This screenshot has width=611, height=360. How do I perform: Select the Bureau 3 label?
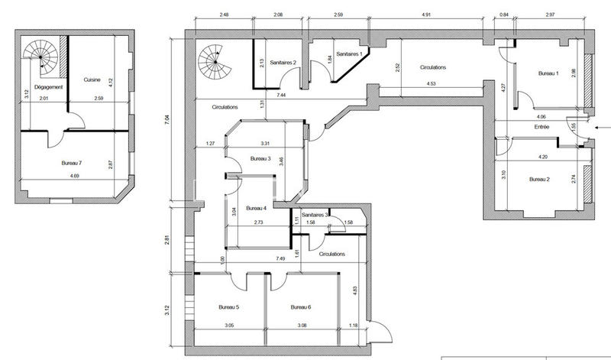point(260,159)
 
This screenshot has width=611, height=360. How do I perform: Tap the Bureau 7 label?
point(73,164)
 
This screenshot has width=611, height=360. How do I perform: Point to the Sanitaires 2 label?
point(279,64)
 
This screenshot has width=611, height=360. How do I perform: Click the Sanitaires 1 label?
point(348,54)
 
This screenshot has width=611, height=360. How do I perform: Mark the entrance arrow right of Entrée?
point(602,128)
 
